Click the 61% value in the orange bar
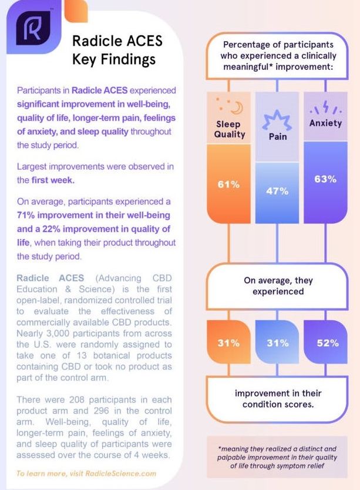229,184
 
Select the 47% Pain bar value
277,191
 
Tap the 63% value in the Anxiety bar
325,179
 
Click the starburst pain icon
277,120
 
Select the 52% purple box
325,342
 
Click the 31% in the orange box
229,343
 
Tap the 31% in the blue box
278,343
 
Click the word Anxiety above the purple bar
325,123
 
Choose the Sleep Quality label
230,129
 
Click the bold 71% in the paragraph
26,215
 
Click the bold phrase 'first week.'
53,180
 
